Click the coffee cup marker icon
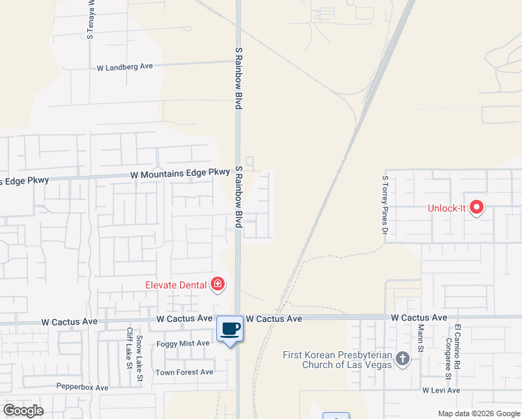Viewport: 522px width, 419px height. click(230, 328)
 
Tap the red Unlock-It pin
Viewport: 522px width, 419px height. click(477, 207)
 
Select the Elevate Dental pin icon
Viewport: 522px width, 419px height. click(218, 284)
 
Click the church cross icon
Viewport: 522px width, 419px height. click(402, 360)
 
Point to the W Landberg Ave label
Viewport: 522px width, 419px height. click(124, 67)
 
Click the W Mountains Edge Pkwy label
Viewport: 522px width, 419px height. click(179, 172)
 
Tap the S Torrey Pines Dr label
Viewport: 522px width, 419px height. click(384, 204)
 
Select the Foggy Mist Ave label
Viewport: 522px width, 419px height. click(183, 343)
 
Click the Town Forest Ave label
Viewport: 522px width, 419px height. click(184, 372)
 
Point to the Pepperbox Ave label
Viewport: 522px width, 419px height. click(82, 387)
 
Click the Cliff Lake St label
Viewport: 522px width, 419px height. click(129, 348)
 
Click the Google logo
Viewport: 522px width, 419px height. click(23, 411)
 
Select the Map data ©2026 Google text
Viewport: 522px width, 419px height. click(478, 413)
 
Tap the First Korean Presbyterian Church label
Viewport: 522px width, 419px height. click(337, 360)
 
